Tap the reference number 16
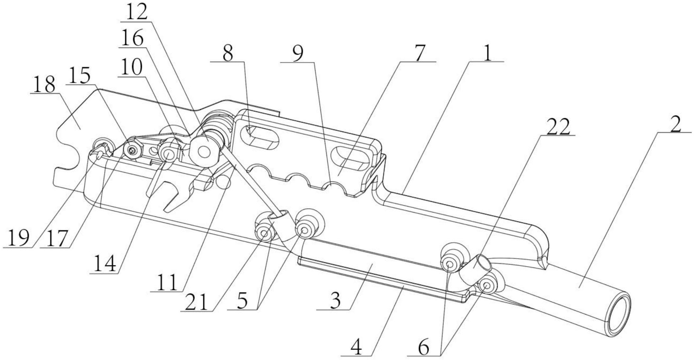[132, 39]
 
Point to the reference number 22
[558, 127]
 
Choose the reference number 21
[196, 303]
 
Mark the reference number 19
[18, 238]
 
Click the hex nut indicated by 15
[132, 150]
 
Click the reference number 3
[335, 301]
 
